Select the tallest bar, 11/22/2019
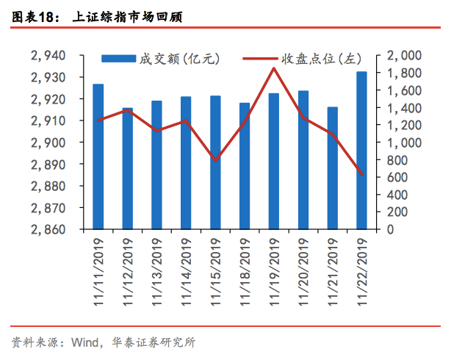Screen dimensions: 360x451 coord(362,151)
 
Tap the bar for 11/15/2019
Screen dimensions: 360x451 coord(215,162)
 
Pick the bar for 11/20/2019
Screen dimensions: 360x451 coord(303,160)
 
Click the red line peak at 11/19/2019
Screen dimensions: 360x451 coord(274,68)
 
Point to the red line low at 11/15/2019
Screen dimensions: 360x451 coord(215,160)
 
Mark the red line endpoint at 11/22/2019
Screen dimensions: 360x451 coord(362,174)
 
